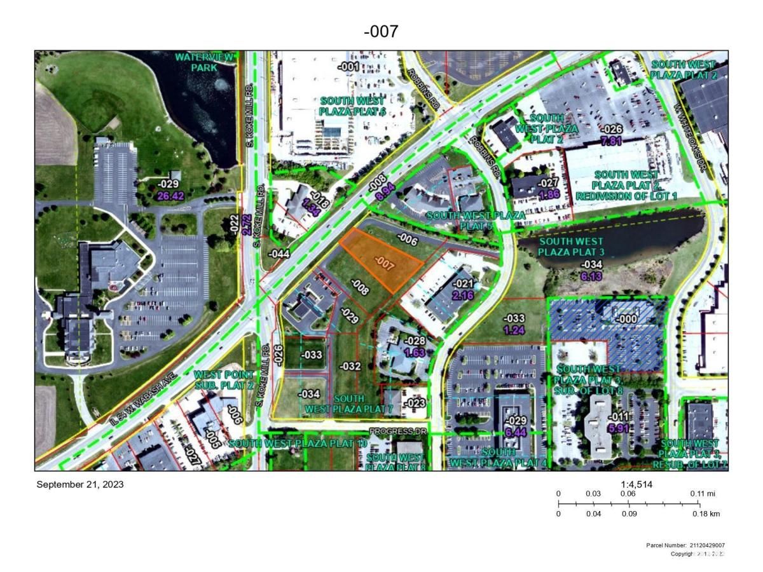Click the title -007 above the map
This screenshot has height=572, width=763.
pos(381,31)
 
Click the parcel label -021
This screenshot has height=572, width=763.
pos(464,284)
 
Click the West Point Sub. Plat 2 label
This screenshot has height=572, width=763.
pos(224,380)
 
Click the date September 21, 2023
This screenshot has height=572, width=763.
pos(80,484)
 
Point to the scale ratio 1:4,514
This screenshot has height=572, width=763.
pos(636,484)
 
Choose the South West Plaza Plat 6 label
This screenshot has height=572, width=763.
pos(353,107)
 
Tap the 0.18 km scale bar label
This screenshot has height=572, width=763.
pos(706,514)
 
